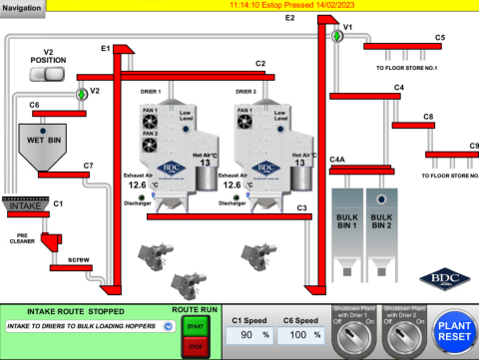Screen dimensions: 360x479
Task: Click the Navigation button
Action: pyautogui.click(x=24, y=7)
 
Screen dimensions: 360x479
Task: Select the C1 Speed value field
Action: pyautogui.click(x=250, y=336)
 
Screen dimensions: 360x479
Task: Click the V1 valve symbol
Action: pyautogui.click(x=337, y=37)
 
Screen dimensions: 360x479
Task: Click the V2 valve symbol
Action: pyautogui.click(x=82, y=95)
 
